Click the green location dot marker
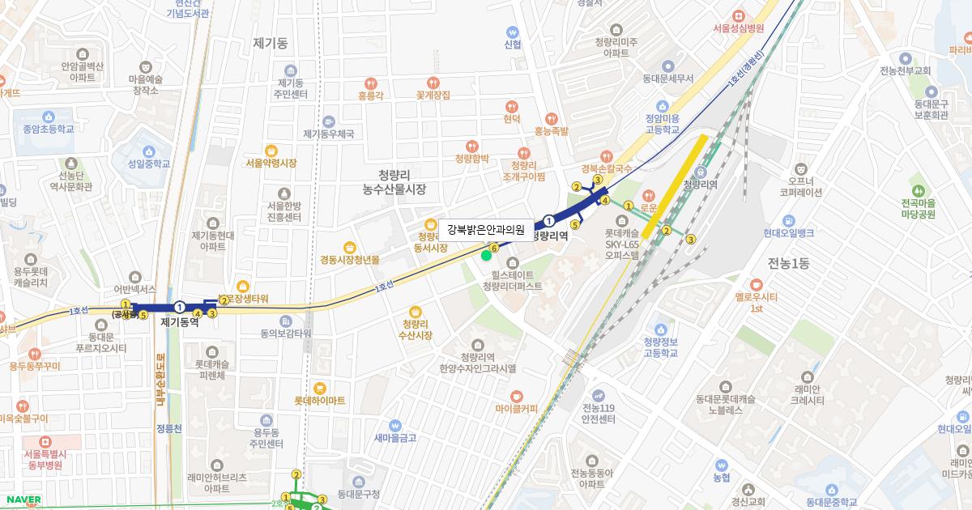[x=486, y=256]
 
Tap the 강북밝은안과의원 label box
[x=486, y=230]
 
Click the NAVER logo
[x=22, y=499]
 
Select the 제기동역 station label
[x=180, y=321]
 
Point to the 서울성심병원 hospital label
[x=738, y=28]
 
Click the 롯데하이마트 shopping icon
[x=319, y=388]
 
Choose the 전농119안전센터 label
[x=599, y=414]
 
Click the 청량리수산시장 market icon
[x=416, y=312]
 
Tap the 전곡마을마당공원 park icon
[x=918, y=180]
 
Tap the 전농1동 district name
[x=789, y=262]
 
